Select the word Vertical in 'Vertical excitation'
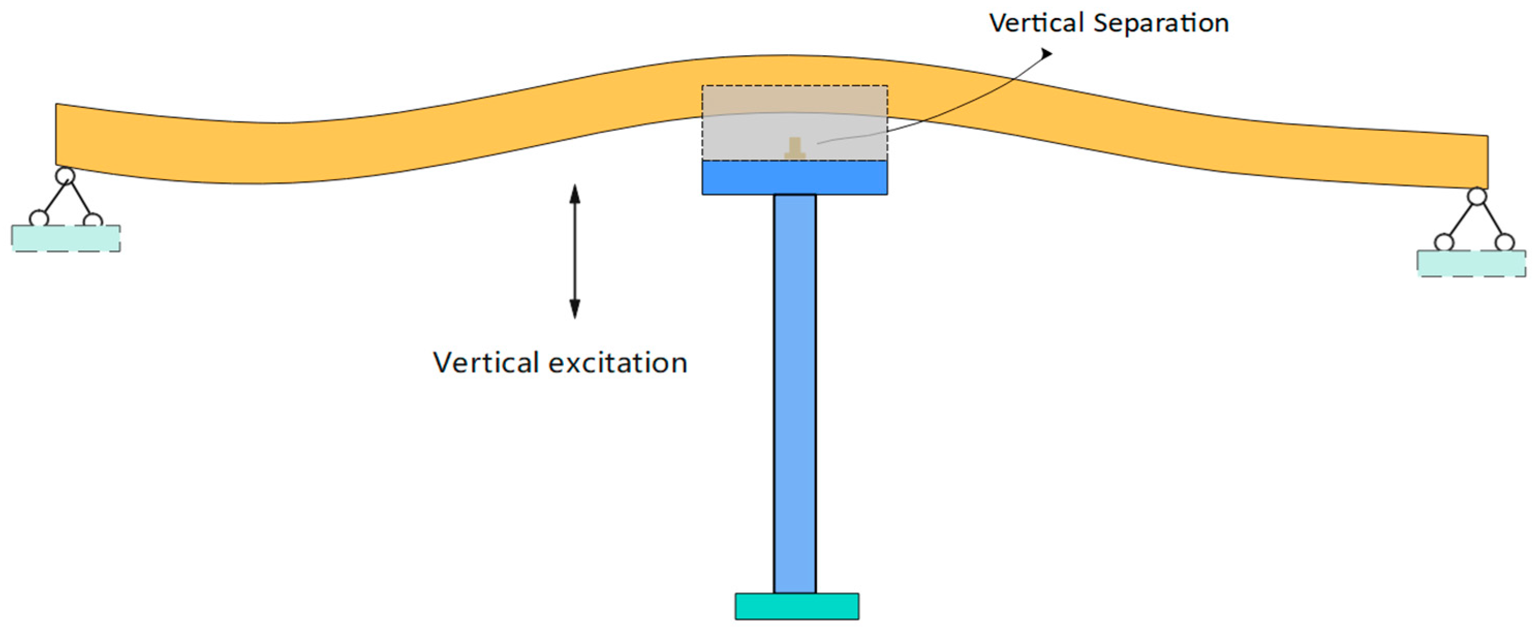click(x=486, y=362)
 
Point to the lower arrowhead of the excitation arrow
click(x=575, y=309)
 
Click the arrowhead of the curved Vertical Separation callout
click(x=1046, y=54)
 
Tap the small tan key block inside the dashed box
click(x=794, y=149)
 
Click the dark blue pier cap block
click(x=794, y=178)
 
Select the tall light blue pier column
click(x=794, y=393)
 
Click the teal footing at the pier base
click(x=797, y=607)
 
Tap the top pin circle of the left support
click(x=65, y=176)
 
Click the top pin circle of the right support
click(x=1477, y=197)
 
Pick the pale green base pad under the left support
click(x=66, y=239)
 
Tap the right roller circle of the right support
click(x=1504, y=243)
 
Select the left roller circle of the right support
click(x=1444, y=243)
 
